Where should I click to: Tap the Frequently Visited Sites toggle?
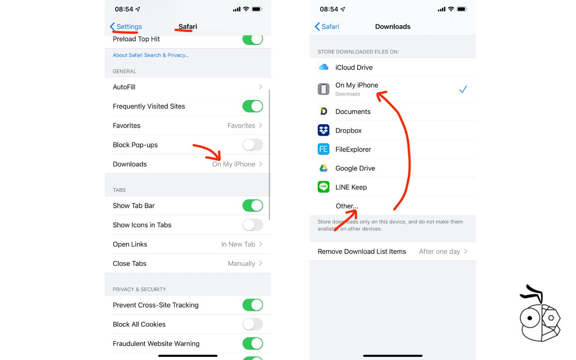pyautogui.click(x=252, y=106)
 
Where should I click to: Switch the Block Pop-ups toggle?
pyautogui.click(x=252, y=145)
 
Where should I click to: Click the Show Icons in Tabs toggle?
pyautogui.click(x=252, y=225)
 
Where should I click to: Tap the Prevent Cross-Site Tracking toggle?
pyautogui.click(x=252, y=305)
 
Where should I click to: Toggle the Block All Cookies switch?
pyautogui.click(x=252, y=324)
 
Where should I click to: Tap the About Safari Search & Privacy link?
pyautogui.click(x=151, y=55)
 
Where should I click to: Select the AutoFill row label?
pyautogui.click(x=124, y=87)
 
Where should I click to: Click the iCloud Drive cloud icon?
pyautogui.click(x=324, y=67)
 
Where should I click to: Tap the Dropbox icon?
pyautogui.click(x=324, y=130)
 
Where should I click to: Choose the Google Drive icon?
pyautogui.click(x=324, y=168)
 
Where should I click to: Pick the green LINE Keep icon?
pyautogui.click(x=324, y=187)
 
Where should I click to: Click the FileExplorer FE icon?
pyautogui.click(x=324, y=149)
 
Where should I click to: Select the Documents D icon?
pyautogui.click(x=324, y=112)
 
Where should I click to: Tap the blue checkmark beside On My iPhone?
pyautogui.click(x=463, y=90)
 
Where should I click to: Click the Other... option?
pyautogui.click(x=346, y=206)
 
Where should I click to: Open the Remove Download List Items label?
pyautogui.click(x=362, y=252)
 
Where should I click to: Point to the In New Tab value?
pyautogui.click(x=238, y=244)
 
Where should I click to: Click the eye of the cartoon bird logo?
pyautogui.click(x=530, y=318)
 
